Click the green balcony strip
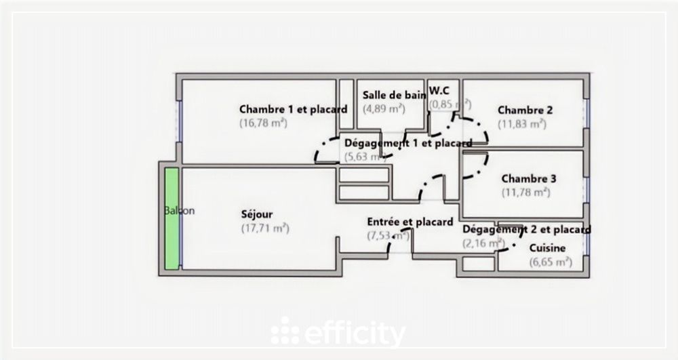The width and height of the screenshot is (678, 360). [172, 218]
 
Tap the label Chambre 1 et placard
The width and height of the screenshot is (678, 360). [293, 109]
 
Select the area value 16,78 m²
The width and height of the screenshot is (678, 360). [263, 123]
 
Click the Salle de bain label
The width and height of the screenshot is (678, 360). [394, 95]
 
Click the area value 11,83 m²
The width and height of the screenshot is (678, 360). [522, 124]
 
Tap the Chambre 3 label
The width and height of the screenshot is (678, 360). [529, 179]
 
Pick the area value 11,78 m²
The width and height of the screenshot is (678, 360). [525, 193]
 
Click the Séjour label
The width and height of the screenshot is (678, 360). [257, 214]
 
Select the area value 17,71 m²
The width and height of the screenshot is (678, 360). [265, 228]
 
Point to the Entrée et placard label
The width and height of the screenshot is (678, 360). [410, 222]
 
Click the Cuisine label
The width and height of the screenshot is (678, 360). [547, 248]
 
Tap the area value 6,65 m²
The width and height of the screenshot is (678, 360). [551, 262]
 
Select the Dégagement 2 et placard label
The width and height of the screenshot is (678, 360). [526, 230]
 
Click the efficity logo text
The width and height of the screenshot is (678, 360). [355, 334]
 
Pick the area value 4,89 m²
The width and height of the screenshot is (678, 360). [384, 108]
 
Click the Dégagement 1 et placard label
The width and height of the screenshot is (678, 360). [408, 143]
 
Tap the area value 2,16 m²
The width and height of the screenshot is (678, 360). [483, 243]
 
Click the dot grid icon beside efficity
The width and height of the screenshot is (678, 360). [285, 332]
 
